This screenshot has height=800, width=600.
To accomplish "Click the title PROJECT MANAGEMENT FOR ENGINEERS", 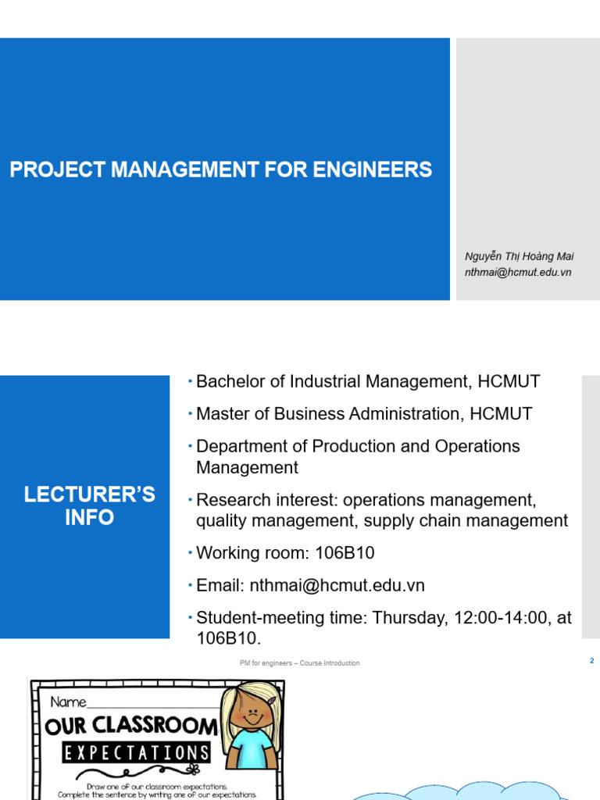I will coord(220,170).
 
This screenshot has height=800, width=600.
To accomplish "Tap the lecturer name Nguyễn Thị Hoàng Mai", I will coord(520,256).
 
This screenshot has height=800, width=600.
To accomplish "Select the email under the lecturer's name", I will coord(518,272).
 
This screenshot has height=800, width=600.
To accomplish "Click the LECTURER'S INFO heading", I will coord(89,505).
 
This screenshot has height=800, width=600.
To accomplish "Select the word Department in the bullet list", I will coord(252,446).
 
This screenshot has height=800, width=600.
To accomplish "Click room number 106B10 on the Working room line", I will coord(345,553).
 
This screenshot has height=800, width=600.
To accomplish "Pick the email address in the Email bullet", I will coord(337,585).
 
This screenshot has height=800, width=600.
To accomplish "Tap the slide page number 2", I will coord(591,661).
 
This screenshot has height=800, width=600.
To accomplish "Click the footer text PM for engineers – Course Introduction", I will coord(300,663).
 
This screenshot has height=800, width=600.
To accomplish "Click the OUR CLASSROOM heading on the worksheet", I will coord(131,726).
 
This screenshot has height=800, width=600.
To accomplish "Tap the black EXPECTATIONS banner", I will coord(137,753).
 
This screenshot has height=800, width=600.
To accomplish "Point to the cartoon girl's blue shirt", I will coord(252,748).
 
